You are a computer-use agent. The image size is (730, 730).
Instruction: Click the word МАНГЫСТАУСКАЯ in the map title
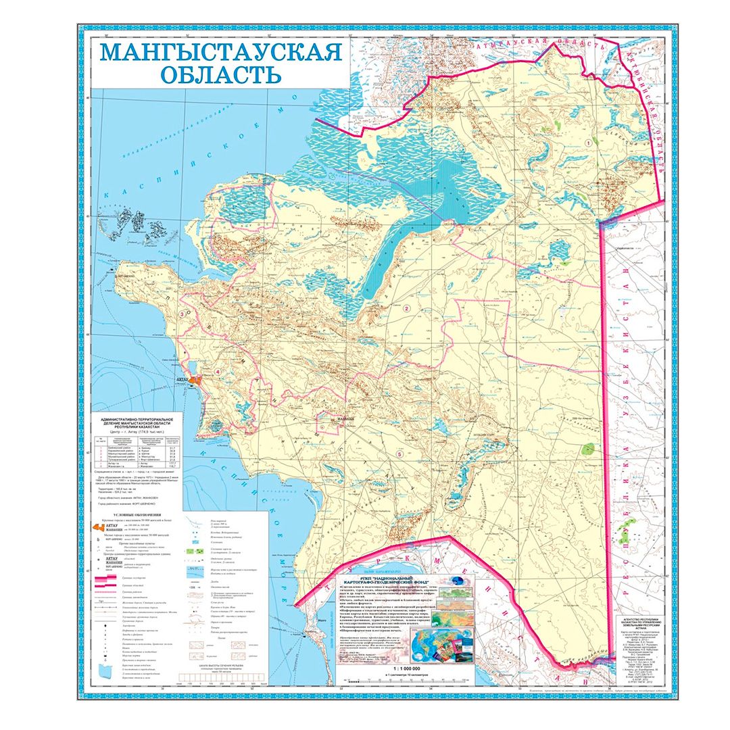pyautogui.click(x=221, y=53)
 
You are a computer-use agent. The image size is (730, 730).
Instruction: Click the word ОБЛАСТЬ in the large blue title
pyautogui.click(x=221, y=74)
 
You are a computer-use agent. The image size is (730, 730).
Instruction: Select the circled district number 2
pyautogui.click(x=406, y=309)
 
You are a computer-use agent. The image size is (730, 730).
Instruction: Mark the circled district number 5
pyautogui.click(x=400, y=454)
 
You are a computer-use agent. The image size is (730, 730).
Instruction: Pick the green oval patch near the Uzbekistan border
pyautogui.click(x=589, y=447)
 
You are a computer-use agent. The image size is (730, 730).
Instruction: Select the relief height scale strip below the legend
pyautogui.click(x=216, y=679)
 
